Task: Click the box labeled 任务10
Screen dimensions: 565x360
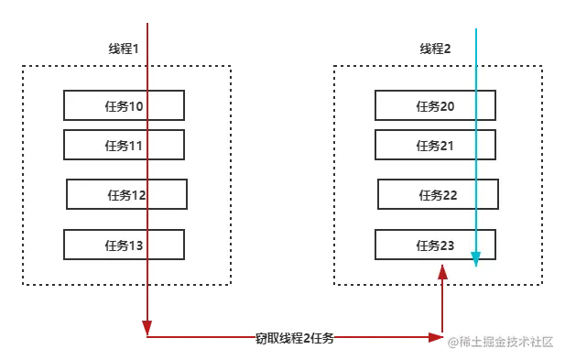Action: click(124, 106)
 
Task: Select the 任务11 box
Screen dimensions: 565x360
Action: click(124, 145)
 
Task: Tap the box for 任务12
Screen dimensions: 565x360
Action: click(126, 194)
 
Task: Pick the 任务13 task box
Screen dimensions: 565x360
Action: click(124, 245)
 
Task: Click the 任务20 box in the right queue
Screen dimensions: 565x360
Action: click(435, 106)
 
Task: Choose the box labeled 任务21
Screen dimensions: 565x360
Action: click(435, 145)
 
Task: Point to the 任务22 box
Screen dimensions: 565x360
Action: click(438, 194)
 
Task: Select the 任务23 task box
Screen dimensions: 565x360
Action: click(435, 245)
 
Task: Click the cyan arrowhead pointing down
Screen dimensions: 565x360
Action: click(476, 260)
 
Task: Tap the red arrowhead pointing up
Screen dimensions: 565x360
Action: click(443, 272)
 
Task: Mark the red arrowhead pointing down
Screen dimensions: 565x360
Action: click(147, 324)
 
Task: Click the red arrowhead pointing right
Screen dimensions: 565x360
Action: click(439, 338)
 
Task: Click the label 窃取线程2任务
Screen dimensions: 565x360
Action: click(295, 338)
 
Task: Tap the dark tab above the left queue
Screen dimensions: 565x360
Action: click(121, 49)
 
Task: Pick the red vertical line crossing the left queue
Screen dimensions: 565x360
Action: click(148, 174)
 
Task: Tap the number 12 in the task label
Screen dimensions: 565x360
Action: click(138, 194)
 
